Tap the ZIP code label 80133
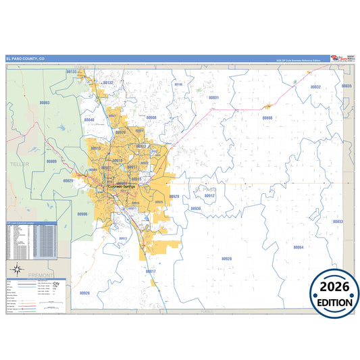(72, 71)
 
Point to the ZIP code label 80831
(213, 98)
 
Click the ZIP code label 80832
(315, 87)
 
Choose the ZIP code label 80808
(267, 118)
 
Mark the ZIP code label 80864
(299, 247)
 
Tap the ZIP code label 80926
(84, 292)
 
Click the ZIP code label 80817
(151, 272)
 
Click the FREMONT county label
(42, 276)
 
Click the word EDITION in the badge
(334, 303)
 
